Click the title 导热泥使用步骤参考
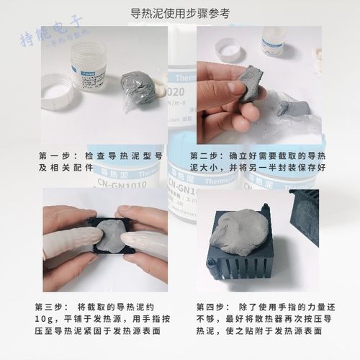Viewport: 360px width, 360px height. click(181, 14)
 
